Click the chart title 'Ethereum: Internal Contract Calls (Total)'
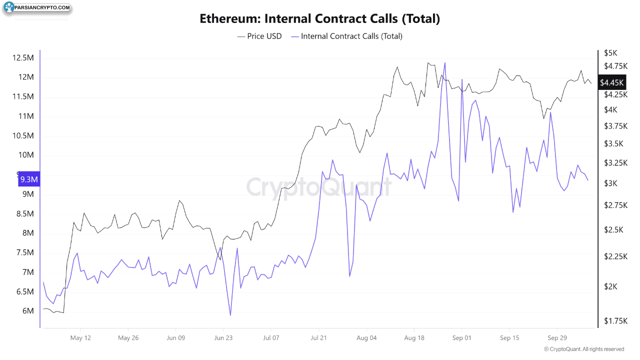pos(319,19)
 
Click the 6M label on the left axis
pos(27,311)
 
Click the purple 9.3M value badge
pos(29,179)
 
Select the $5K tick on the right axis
pos(610,52)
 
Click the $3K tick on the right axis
pos(610,183)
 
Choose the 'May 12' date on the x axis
pos(81,337)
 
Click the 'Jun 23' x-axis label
pos(223,337)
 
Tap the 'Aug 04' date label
pos(366,337)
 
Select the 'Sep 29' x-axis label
pos(556,337)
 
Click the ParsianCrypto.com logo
pos(37,8)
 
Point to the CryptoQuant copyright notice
pos(584,349)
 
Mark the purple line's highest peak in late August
pos(444,62)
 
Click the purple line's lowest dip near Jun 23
pos(230,315)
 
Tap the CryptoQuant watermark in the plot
pos(319,187)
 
